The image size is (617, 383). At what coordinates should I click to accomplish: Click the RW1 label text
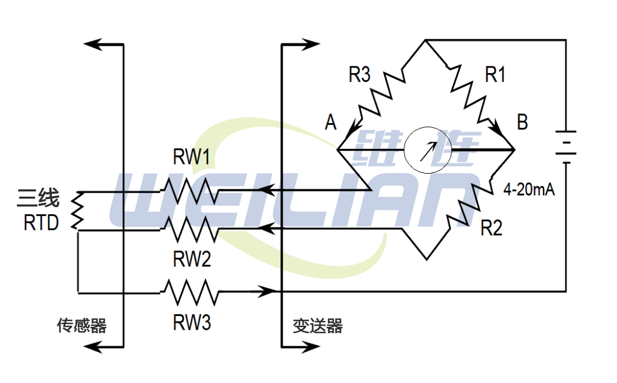point(192,158)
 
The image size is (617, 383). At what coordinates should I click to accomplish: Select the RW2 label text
point(192,259)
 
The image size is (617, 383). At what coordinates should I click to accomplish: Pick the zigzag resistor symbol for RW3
point(190,293)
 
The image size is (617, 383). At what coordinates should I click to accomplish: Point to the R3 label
point(360,75)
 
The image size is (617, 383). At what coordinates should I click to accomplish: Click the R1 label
point(495,75)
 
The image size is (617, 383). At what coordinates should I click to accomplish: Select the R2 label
point(491,229)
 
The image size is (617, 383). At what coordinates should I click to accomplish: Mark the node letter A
point(330,123)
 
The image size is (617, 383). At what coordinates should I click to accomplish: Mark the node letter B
point(522,122)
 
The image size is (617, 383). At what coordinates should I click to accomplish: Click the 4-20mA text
point(529,191)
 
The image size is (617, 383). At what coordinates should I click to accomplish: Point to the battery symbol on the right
point(565,147)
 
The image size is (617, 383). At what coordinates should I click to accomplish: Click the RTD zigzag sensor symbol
point(77,210)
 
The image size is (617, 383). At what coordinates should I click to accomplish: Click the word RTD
point(41,223)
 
